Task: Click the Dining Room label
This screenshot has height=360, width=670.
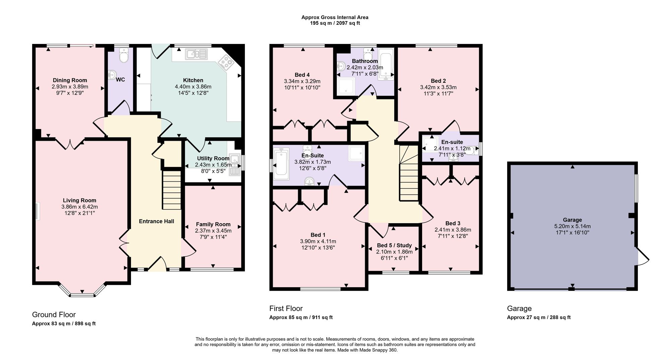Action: [x=70, y=80]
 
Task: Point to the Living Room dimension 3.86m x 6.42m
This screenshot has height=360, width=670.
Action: [x=79, y=207]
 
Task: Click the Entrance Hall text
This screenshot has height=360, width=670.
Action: [x=156, y=221]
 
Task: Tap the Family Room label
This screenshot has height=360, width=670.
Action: [x=213, y=224]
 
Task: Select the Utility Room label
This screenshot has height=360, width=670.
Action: [x=213, y=158]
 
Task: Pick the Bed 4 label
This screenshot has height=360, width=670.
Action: [x=302, y=75]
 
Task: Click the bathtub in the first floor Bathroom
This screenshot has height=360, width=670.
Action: [x=386, y=64]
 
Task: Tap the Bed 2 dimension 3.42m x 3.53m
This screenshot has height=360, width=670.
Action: [x=438, y=87]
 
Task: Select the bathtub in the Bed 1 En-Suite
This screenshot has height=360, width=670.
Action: [x=281, y=165]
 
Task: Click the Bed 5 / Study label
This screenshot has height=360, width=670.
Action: [x=394, y=245]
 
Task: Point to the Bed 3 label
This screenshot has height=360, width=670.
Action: [x=453, y=223]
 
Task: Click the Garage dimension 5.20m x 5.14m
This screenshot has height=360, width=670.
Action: [x=572, y=226]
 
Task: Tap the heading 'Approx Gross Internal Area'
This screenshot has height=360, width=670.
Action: [x=335, y=17]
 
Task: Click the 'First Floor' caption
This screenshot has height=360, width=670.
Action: [x=286, y=308]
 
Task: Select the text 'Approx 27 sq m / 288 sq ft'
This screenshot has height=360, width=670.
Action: [x=539, y=317]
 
